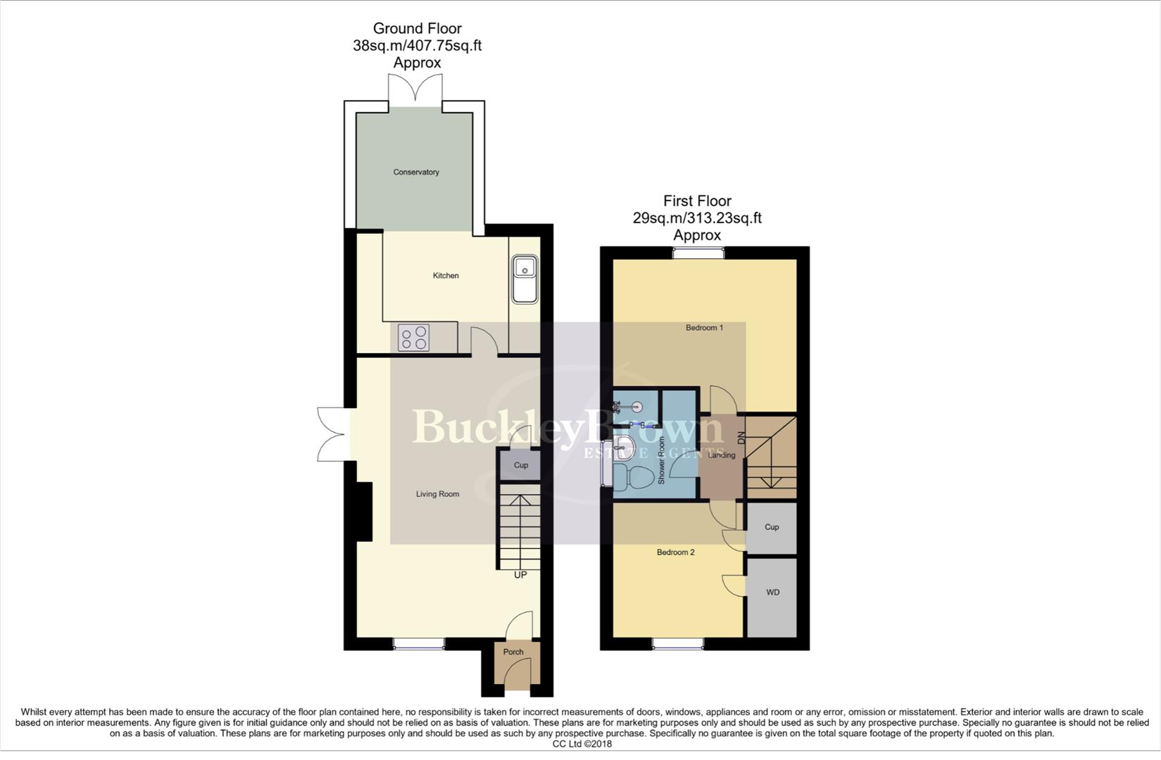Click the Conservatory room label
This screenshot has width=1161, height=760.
click(416, 172)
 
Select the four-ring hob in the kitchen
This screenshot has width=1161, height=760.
click(413, 337)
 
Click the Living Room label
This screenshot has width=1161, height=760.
click(437, 494)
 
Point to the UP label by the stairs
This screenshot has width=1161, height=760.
click(520, 575)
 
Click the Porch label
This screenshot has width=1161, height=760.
click(513, 652)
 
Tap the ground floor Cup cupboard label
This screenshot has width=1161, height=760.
click(521, 465)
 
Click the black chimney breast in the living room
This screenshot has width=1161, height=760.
click(365, 512)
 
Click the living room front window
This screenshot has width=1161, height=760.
click(419, 644)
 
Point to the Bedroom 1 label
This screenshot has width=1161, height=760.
click(704, 327)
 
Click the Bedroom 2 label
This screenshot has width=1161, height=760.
click(675, 552)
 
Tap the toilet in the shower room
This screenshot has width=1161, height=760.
click(633, 477)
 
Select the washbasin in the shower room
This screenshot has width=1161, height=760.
click(624, 447)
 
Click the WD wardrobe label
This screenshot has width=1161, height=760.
click(772, 592)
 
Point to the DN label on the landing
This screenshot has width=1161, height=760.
click(741, 438)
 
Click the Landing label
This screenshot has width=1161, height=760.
click(722, 455)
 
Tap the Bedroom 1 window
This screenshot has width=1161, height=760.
click(698, 253)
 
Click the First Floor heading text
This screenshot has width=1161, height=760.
click(697, 201)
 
